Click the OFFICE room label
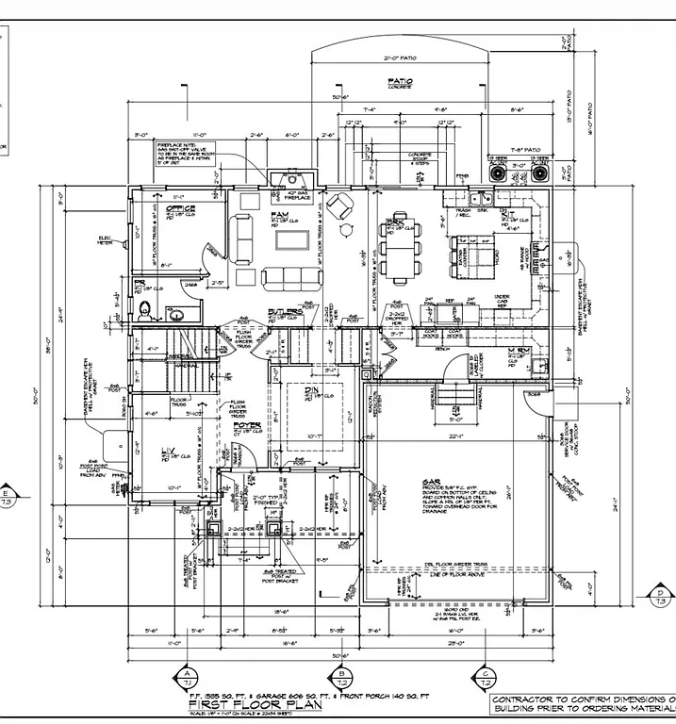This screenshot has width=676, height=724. click(181, 208)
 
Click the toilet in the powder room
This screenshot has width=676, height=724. click(144, 310)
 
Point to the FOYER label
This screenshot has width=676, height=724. click(247, 425)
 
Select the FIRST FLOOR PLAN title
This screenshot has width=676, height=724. click(234, 704)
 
